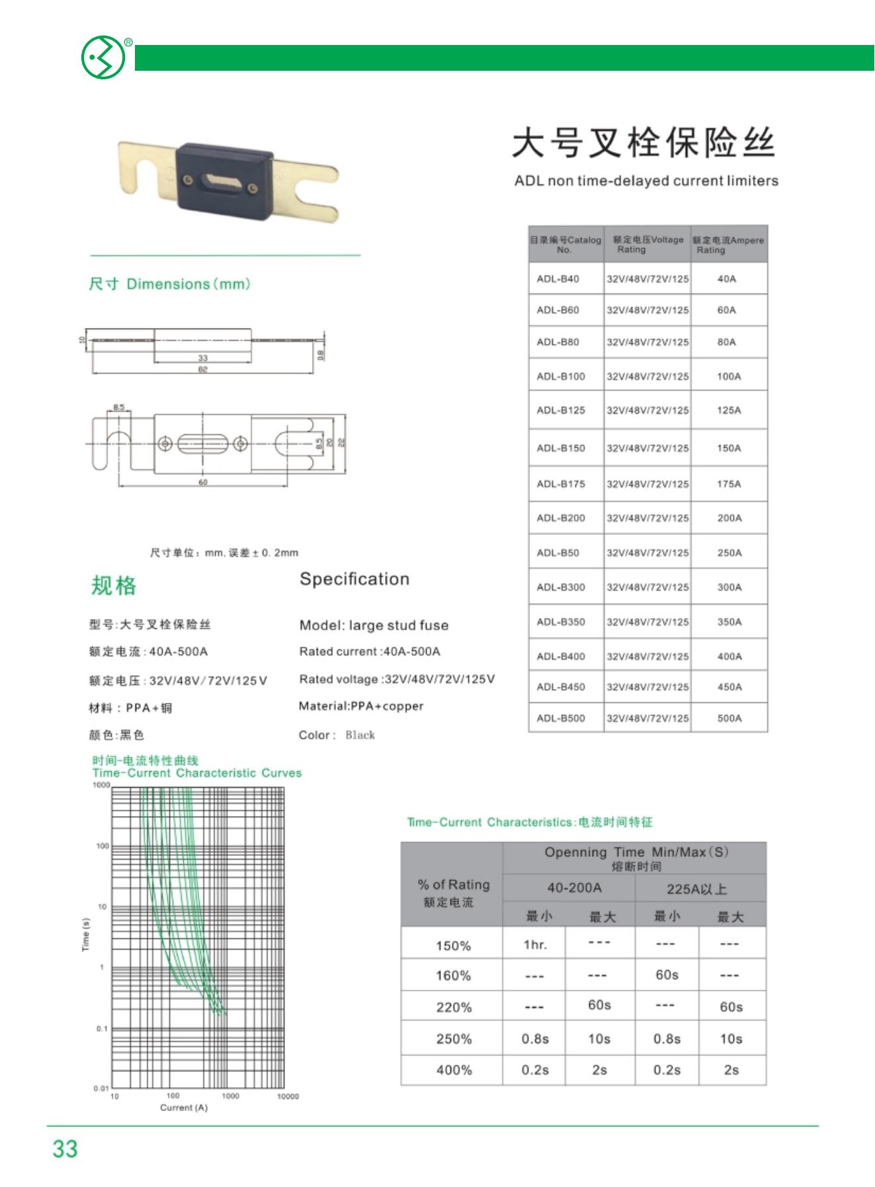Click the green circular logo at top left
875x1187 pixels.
(x=103, y=58)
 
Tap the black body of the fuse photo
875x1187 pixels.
(x=224, y=178)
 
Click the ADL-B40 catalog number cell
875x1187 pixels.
(x=558, y=279)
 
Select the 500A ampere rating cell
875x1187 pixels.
(x=729, y=718)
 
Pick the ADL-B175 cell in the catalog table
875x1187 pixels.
(x=561, y=484)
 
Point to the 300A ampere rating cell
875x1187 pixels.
(x=729, y=587)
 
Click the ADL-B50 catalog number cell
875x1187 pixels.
(x=558, y=553)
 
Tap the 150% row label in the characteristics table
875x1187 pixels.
(x=453, y=946)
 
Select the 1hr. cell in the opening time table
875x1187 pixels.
(x=534, y=944)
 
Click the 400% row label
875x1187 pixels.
(x=454, y=1070)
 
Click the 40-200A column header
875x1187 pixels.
(x=574, y=888)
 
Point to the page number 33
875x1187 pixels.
(x=65, y=1149)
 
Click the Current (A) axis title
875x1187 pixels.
(x=184, y=1108)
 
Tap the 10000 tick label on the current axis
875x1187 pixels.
(x=288, y=1096)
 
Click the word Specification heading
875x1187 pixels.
(x=354, y=579)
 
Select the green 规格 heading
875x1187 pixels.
(x=113, y=586)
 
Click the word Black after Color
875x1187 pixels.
(x=360, y=735)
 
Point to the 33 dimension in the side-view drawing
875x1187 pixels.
(x=202, y=358)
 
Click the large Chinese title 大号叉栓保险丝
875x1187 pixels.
(x=644, y=143)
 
